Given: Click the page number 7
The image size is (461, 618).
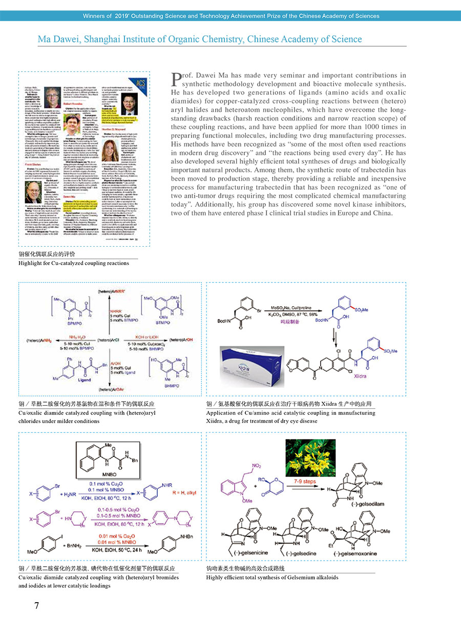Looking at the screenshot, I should pos(36,605).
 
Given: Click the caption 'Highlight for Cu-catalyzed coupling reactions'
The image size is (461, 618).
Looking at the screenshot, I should pos(74,263).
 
